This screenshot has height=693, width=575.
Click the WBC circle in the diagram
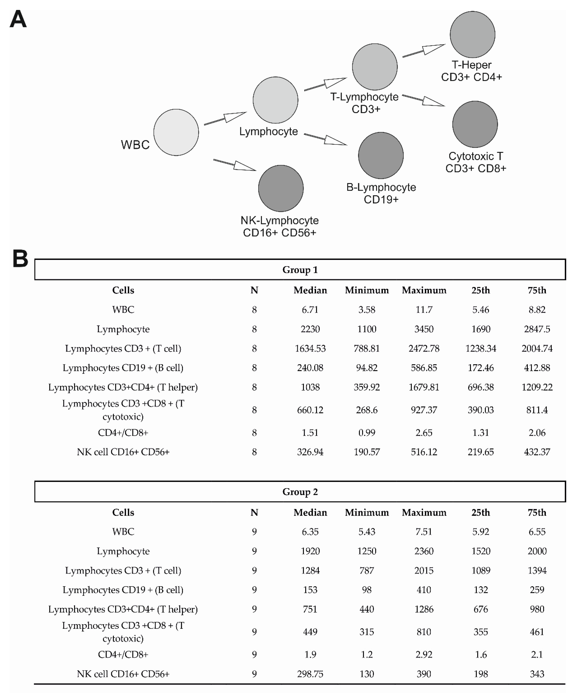(176, 132)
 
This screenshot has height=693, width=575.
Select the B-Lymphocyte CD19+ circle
(381, 155)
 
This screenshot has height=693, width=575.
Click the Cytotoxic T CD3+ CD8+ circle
(475, 124)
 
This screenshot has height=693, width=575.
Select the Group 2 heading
(300, 492)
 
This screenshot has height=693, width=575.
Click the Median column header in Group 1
(310, 290)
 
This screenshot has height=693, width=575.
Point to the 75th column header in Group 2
(537, 512)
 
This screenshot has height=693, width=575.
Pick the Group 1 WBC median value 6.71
(310, 310)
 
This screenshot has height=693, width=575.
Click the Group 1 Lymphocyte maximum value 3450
(424, 329)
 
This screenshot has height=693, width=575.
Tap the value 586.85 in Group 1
(424, 368)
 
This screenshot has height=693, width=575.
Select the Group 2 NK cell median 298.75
(310, 674)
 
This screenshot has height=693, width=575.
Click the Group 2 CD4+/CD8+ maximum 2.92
(424, 654)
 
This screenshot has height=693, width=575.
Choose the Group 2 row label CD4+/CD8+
(123, 654)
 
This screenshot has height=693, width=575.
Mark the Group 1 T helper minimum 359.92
(367, 387)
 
